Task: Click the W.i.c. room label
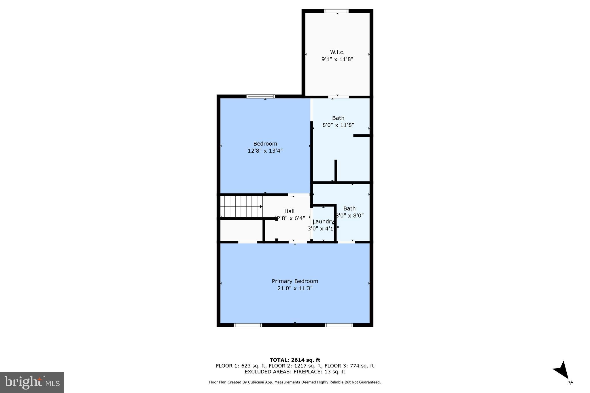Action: [337, 52]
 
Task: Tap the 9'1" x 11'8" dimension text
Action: [337, 59]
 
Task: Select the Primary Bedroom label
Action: [295, 281]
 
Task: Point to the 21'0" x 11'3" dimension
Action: [295, 288]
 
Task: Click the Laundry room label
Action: [323, 221]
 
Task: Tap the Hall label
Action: [289, 211]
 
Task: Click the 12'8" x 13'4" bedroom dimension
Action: [265, 151]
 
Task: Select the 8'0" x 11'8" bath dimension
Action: [338, 125]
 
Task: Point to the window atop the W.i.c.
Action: [336, 11]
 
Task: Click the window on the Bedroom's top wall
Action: [261, 96]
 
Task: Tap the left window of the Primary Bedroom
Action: [248, 325]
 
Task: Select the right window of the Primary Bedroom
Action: [339, 325]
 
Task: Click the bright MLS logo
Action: [32, 382]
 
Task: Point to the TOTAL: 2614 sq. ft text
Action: [295, 360]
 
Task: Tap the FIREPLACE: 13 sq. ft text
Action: [319, 372]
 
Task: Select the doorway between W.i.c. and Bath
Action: [339, 97]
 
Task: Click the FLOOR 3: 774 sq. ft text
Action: [349, 366]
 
